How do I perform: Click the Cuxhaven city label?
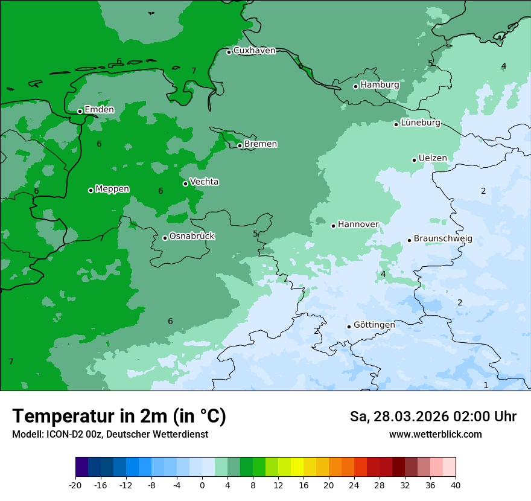coord(254,51)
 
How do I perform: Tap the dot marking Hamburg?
coord(355,86)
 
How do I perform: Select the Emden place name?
coord(99,110)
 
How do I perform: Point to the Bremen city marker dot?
coord(240,145)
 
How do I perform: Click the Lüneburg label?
coord(421,123)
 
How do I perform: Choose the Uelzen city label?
coord(433,159)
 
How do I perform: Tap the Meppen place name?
coord(112,189)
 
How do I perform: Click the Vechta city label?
coord(204,182)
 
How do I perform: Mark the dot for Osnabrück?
coord(165,238)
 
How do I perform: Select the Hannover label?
coord(358,225)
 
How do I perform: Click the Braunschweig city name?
coord(443,239)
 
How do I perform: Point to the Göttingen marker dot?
coord(349,327)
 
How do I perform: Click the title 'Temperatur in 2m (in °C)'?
coord(119,416)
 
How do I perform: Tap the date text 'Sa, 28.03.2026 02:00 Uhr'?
coord(433,416)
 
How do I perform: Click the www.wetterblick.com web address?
coord(435,435)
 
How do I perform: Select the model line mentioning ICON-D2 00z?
coord(110,435)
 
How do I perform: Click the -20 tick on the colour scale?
coord(75,485)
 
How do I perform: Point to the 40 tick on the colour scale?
coord(456,485)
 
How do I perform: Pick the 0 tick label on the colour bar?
coord(202,485)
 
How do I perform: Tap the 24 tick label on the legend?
coord(354,485)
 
